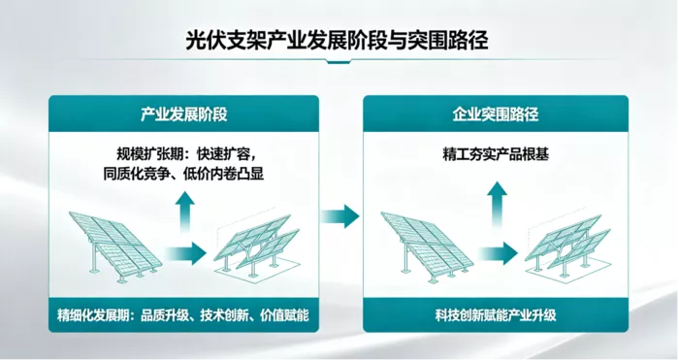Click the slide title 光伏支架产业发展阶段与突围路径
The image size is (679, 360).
337,41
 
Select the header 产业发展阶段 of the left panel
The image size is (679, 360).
183,115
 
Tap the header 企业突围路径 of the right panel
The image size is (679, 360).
496,115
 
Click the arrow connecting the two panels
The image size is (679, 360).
340,216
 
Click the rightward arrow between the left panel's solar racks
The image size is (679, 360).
186,253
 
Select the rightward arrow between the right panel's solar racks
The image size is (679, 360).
498,253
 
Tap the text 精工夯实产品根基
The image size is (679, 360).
496,154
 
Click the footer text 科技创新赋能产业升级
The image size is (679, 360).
496,315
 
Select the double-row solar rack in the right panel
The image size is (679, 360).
567,245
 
